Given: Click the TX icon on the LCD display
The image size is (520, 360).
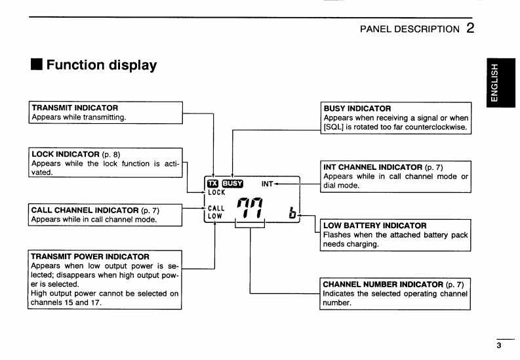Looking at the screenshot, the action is tap(213, 184).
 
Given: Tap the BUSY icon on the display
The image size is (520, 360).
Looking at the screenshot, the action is tap(233, 184).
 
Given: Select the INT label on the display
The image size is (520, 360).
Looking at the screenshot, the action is tap(267, 184).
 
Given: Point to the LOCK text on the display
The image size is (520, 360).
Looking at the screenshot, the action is tap(216, 192).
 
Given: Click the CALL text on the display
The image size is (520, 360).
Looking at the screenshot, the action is tap(216, 208).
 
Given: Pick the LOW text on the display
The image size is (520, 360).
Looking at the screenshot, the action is tap(215, 216).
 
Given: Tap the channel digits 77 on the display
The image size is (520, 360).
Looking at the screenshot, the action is tap(250, 208).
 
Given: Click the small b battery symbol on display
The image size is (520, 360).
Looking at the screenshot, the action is tap(292, 212).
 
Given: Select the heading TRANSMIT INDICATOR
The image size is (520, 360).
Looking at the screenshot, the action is tap(75, 108).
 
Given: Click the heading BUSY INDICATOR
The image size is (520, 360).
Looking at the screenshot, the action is tap(357, 108).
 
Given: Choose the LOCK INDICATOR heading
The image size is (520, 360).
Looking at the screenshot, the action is tap(66, 154).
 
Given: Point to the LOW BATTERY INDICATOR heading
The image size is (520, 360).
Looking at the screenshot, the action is tap(374, 226).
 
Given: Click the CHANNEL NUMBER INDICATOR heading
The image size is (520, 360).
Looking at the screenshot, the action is tap(383, 285).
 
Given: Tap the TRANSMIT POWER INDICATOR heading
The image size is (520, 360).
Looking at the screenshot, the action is tap(90, 256).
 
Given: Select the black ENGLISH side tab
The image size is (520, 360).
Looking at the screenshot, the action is tap(501, 83).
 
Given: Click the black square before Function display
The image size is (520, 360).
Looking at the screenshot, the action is tap(37, 64).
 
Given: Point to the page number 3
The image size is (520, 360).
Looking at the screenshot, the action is tap(499, 346).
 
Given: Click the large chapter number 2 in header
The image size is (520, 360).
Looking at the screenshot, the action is tap(470, 28).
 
